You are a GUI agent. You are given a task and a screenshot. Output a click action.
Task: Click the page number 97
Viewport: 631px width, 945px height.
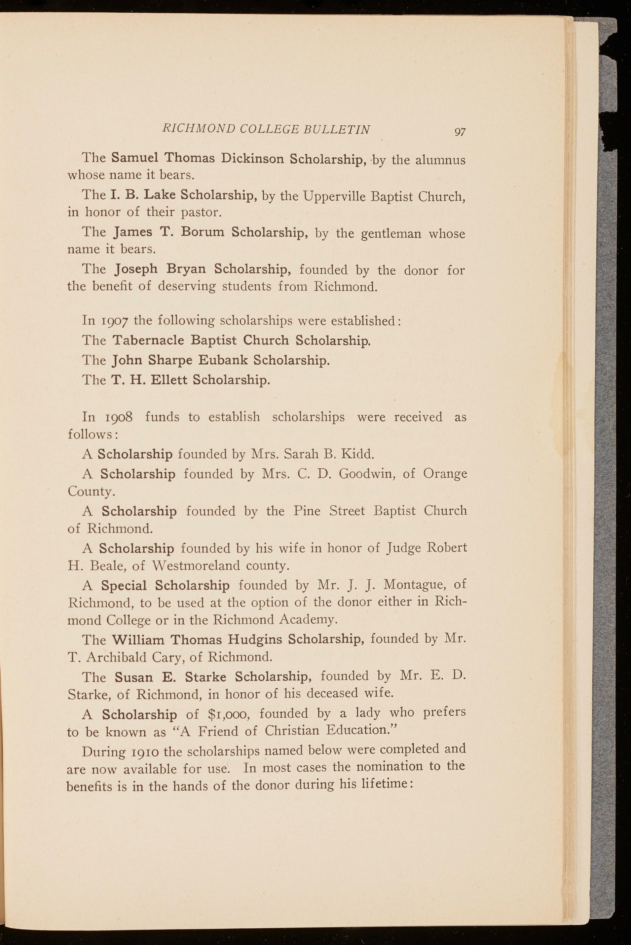click(460, 131)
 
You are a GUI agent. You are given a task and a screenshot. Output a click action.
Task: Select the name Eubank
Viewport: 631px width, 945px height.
click(223, 360)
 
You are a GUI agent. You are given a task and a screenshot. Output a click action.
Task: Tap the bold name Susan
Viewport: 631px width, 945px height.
click(134, 677)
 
